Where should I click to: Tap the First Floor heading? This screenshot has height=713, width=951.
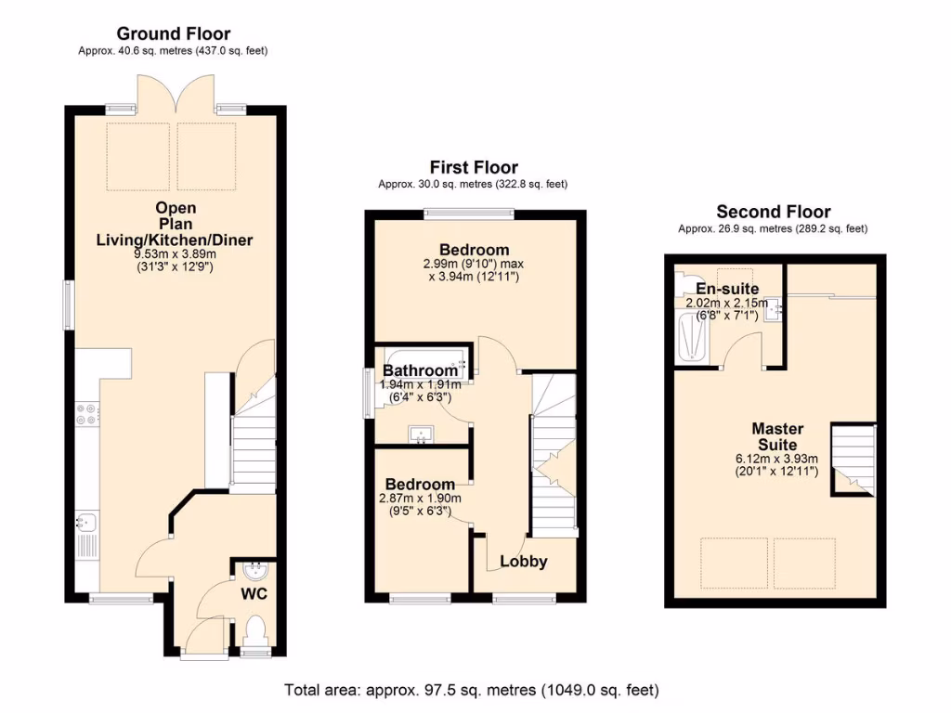pos(473,167)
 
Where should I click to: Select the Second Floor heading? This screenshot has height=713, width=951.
pos(773,212)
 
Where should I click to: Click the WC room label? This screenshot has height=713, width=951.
pos(255,592)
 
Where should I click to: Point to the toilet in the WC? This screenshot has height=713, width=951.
pos(255,632)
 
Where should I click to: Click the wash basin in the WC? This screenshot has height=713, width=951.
pos(254,569)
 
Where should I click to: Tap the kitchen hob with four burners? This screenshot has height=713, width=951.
pos(86,414)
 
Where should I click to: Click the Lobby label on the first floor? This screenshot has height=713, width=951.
pos(524,561)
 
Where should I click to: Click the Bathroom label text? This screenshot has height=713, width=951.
pos(420,371)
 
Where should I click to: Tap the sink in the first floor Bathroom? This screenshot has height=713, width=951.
pos(423,434)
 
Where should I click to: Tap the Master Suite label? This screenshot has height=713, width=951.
pos(777,436)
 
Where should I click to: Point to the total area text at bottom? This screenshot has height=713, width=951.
pos(471,690)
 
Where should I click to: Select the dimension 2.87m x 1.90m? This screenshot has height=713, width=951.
pos(420,499)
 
